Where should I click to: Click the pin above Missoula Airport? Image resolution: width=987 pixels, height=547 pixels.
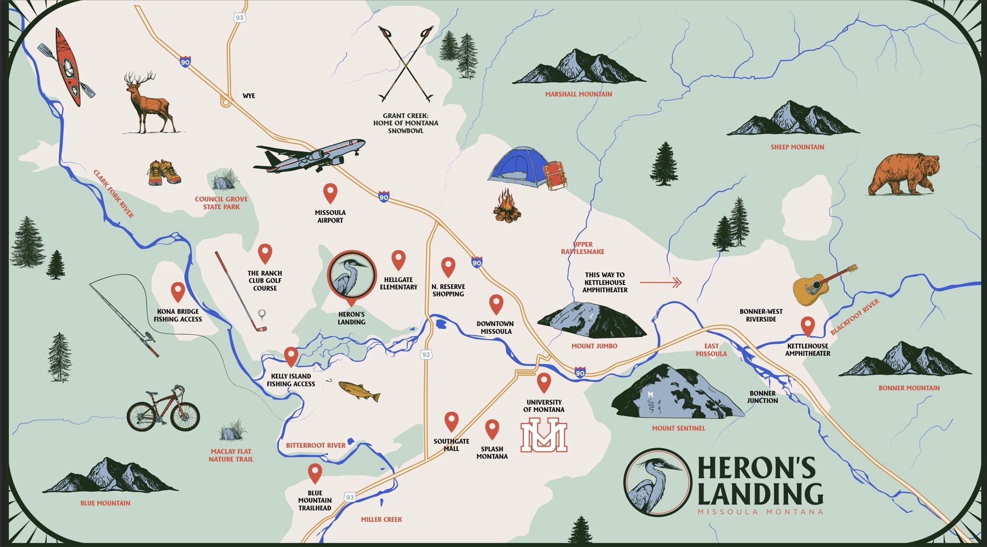pos(330,192)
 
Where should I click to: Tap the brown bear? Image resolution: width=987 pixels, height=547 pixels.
pos(903,174)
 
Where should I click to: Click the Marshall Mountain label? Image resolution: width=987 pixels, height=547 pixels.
pos(578,94)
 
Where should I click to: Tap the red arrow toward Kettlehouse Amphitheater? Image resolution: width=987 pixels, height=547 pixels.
pos(661,282)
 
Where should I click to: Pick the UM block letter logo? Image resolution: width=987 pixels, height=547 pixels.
pos(544,435)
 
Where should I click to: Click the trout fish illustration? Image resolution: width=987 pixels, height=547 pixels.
pos(359,391)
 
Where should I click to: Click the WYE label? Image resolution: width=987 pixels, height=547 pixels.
pos(249,96)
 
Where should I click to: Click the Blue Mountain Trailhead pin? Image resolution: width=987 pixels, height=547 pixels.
pos(315,472)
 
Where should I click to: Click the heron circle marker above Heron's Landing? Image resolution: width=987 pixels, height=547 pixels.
pos(351,275)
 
